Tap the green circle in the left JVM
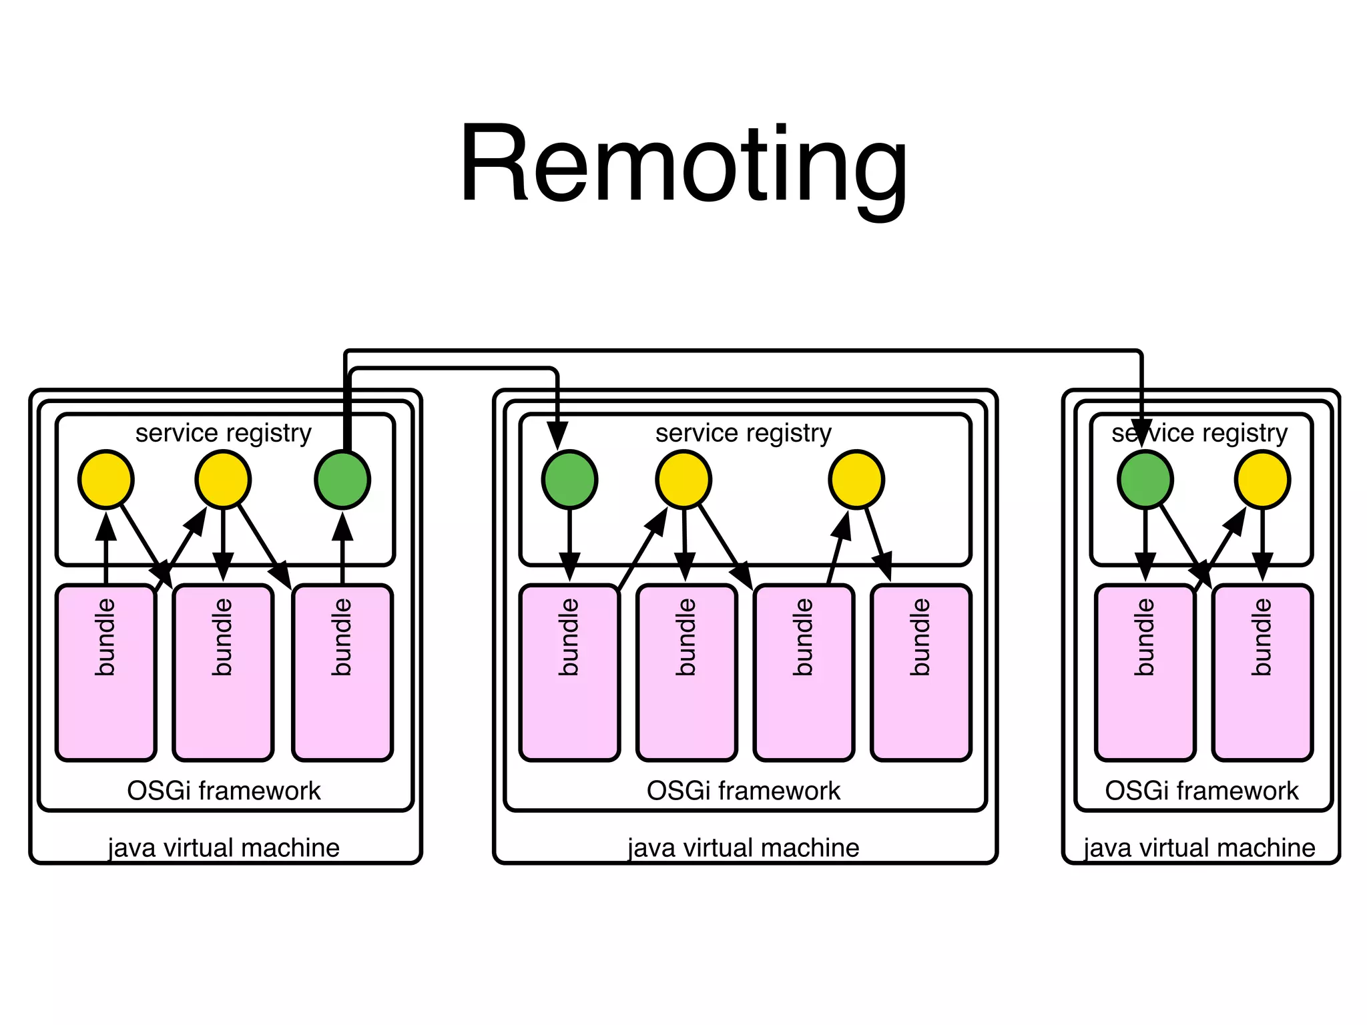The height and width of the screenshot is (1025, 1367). click(342, 479)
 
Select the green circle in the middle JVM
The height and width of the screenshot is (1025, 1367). click(569, 479)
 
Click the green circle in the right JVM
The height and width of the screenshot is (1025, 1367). click(1145, 479)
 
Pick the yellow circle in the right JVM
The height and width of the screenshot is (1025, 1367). click(1262, 479)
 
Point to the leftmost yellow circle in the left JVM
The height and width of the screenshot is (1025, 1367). click(106, 479)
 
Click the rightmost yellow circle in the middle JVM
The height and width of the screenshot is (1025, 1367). click(856, 479)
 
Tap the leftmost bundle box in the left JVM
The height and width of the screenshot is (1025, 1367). click(106, 673)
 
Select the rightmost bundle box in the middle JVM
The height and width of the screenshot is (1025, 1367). click(920, 673)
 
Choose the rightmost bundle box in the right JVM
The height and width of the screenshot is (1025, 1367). click(1262, 673)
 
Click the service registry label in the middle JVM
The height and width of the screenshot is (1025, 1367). click(743, 433)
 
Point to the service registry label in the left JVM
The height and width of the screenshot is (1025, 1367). click(224, 433)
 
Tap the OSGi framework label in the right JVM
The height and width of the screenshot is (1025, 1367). click(1201, 791)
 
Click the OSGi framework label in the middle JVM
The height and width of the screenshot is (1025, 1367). click(743, 791)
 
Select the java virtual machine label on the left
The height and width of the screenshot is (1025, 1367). click(224, 847)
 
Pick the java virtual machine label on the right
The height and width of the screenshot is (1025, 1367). click(1199, 847)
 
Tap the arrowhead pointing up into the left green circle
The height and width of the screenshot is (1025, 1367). click(342, 527)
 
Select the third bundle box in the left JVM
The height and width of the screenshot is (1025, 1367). click(342, 673)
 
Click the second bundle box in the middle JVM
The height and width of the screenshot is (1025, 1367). click(686, 673)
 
